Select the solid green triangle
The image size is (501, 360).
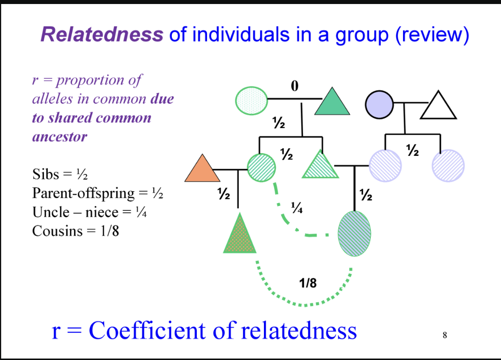point(331,104)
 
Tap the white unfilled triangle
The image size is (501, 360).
point(438,107)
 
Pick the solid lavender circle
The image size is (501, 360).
point(379,103)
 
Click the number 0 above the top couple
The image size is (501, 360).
point(294,86)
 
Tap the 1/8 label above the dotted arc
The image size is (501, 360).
point(308,283)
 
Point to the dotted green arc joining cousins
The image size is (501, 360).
point(304,303)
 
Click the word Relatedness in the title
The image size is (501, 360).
point(102,34)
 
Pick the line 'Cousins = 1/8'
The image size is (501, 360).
point(76,231)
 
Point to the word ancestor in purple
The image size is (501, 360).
point(59,137)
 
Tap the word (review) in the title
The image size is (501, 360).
point(432,34)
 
